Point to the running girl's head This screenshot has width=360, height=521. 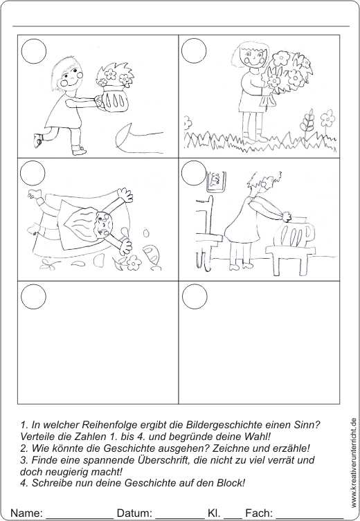68,75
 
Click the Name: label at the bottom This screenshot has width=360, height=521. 26,513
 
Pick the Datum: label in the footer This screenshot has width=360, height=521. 135,513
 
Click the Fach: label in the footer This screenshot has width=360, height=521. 260,513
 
